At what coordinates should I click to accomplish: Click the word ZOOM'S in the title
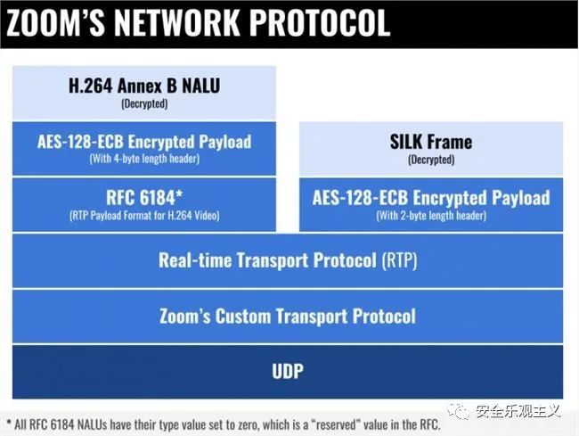click(55, 23)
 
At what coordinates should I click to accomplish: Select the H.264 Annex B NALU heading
click(144, 86)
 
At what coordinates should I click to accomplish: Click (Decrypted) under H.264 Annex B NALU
click(144, 103)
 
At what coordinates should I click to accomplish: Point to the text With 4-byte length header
click(144, 159)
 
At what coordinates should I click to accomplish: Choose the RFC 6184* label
click(144, 198)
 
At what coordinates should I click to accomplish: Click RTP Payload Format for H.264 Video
click(144, 216)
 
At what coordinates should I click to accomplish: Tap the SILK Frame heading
click(431, 142)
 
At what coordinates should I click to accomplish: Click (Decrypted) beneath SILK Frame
click(431, 160)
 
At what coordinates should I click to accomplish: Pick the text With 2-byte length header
click(431, 216)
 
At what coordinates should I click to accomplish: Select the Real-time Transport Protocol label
click(268, 260)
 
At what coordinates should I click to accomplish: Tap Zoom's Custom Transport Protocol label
click(288, 317)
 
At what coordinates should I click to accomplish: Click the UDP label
click(288, 371)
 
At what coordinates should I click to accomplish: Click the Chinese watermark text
click(518, 411)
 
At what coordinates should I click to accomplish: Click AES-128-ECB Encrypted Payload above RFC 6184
click(144, 143)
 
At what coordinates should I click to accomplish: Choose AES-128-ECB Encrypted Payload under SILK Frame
click(431, 198)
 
